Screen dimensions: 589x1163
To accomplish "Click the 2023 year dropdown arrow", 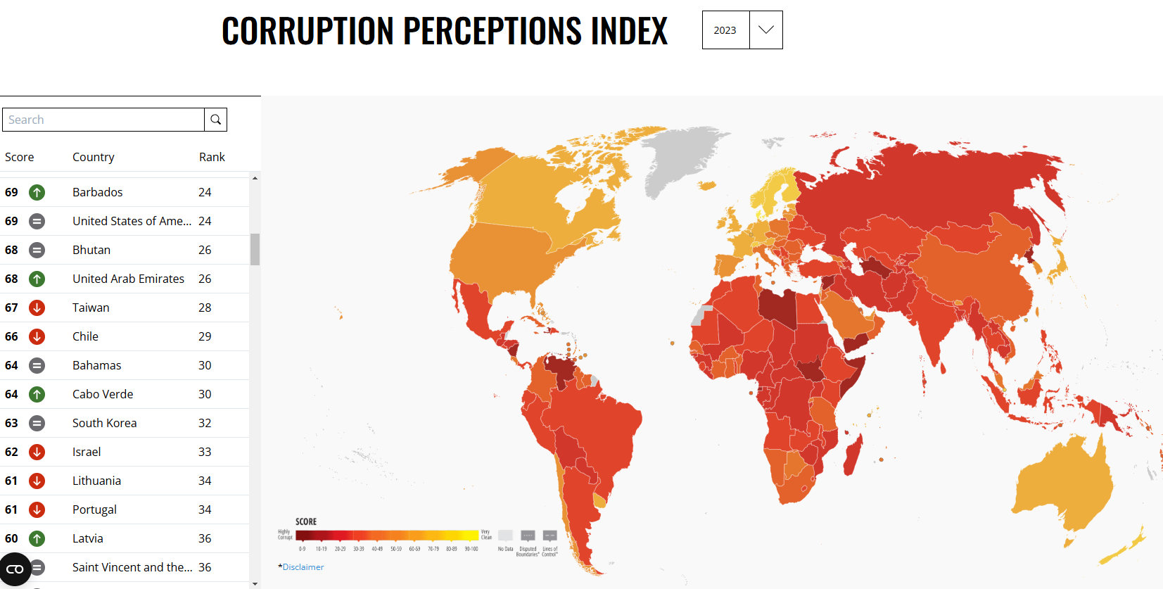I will tap(765, 30).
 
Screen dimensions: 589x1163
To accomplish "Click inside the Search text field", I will tap(103, 120).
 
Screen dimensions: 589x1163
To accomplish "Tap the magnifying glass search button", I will tap(216, 120).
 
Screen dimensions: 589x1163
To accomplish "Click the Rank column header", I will tap(212, 157).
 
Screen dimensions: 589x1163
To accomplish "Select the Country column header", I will tap(93, 157).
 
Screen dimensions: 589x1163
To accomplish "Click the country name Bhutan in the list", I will tap(91, 250).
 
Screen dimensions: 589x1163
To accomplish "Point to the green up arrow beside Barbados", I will tap(37, 192).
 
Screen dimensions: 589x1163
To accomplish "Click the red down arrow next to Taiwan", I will tap(37, 308).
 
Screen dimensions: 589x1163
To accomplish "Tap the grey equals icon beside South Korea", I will tap(37, 423).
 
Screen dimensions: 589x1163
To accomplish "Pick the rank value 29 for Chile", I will tap(205, 336).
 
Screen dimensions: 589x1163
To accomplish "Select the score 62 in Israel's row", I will tap(11, 452).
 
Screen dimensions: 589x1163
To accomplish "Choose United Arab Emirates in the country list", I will tap(128, 279).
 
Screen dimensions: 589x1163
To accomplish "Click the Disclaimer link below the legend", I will tap(303, 567).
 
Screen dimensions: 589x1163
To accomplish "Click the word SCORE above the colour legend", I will tap(306, 521).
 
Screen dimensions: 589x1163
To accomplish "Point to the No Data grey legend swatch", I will tap(505, 536).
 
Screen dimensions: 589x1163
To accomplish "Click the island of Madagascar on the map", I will tap(852, 454).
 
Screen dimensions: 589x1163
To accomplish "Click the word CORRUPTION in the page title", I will tap(307, 31).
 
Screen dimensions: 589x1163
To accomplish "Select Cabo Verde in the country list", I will tap(103, 394).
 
